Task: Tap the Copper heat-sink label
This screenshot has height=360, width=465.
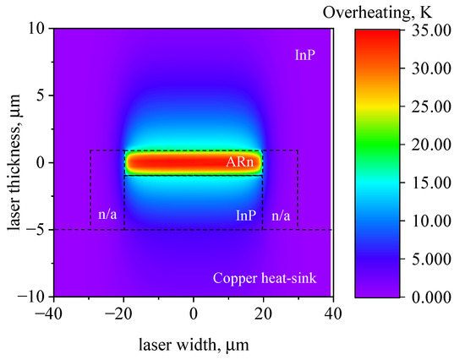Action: (x=265, y=278)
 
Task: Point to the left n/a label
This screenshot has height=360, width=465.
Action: (x=107, y=216)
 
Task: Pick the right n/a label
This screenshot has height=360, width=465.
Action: (x=280, y=216)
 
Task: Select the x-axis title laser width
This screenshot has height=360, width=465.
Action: (x=194, y=345)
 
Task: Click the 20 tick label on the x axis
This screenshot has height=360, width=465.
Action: (x=264, y=314)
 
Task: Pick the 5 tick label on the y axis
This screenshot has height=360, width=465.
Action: (x=42, y=95)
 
